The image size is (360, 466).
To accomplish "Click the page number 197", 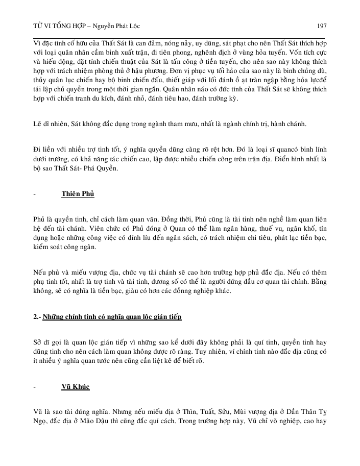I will point(321,26).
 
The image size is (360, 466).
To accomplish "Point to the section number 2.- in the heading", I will point(37,317).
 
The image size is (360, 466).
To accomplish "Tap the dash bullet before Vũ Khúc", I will point(34,387).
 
